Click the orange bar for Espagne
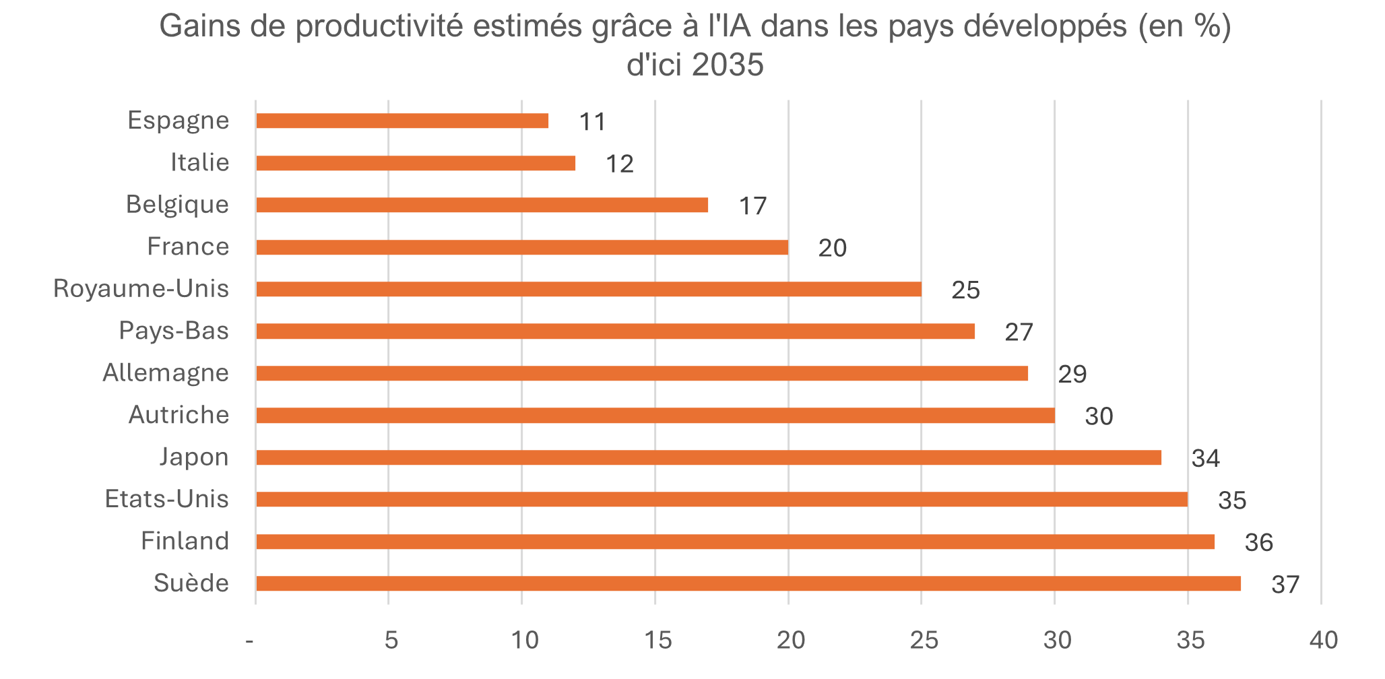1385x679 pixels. [x=402, y=121]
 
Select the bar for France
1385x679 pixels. [x=522, y=247]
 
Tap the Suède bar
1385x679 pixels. [x=748, y=583]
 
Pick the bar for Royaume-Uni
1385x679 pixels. [x=588, y=289]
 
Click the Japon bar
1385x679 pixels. [x=709, y=457]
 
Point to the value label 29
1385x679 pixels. [x=1072, y=375]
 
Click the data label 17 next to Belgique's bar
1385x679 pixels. [x=752, y=206]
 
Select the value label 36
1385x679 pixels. [x=1258, y=543]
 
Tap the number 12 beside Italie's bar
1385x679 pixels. [x=620, y=164]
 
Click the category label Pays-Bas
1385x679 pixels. [x=174, y=331]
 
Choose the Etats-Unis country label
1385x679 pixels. [x=167, y=499]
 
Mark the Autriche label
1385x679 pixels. [x=179, y=415]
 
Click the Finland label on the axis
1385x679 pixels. [x=185, y=541]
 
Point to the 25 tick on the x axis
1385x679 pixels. [x=924, y=641]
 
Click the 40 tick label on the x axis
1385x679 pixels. [x=1323, y=641]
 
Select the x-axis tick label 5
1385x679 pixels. [x=391, y=641]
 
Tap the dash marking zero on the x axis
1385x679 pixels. [x=251, y=641]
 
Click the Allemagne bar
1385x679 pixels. [x=642, y=373]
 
